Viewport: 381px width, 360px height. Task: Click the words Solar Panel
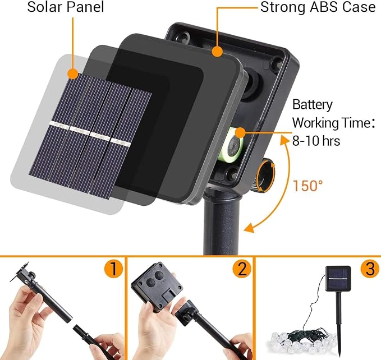[66, 7]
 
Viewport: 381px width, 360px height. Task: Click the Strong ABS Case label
[318, 7]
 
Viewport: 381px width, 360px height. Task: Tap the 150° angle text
[307, 186]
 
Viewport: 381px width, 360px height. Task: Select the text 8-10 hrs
[316, 141]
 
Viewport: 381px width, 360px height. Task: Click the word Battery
[312, 105]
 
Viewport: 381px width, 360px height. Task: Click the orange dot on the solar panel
[73, 73]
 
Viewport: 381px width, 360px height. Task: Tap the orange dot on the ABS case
[217, 52]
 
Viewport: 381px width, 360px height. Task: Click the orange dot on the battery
[240, 132]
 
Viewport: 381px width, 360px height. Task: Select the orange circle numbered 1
[114, 269]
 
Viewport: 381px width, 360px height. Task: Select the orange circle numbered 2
[242, 269]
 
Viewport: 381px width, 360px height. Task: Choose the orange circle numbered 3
[370, 269]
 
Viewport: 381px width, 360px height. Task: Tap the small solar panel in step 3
[338, 279]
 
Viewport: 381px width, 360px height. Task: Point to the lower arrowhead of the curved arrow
[249, 228]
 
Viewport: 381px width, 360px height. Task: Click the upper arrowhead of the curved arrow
[284, 140]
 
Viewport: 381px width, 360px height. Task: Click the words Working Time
[331, 123]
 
